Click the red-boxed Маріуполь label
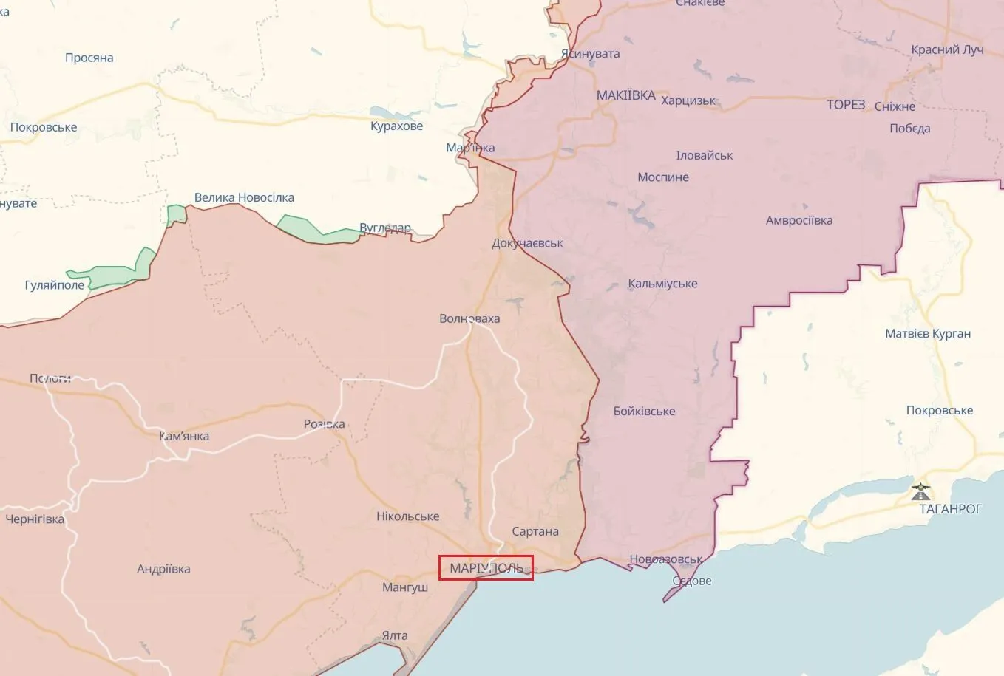point(486,568)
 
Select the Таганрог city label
point(950,509)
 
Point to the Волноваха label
point(469,319)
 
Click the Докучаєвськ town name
point(527,243)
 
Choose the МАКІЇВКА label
point(625,95)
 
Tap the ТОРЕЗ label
point(846,105)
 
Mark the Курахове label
point(396,126)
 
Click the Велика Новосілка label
point(244,198)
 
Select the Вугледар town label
point(384,228)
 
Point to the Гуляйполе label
point(55,285)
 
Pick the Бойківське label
point(644,412)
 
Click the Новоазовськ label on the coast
point(665,559)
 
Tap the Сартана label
point(535,532)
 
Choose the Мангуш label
point(405,588)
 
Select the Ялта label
point(395,635)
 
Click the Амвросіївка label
point(799,221)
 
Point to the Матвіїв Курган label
point(928,334)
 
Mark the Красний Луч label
point(947,50)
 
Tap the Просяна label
point(89,58)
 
